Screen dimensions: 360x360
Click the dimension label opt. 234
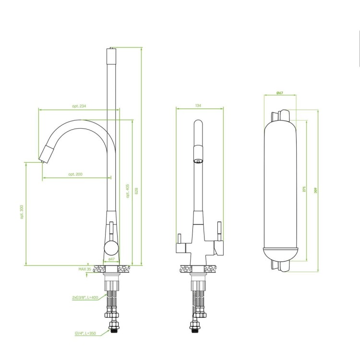(x=79, y=106)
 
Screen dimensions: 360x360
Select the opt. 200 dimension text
(x=75, y=174)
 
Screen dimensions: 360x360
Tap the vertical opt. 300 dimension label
(x=22, y=213)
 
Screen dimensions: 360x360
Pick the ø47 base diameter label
(x=111, y=259)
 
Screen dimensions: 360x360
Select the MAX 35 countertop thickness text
(x=85, y=270)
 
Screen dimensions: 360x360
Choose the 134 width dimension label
(x=198, y=106)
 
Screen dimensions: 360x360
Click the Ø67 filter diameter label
(x=279, y=92)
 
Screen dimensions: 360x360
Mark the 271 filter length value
(x=304, y=190)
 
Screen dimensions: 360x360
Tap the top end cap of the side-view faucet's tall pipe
(x=111, y=49)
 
